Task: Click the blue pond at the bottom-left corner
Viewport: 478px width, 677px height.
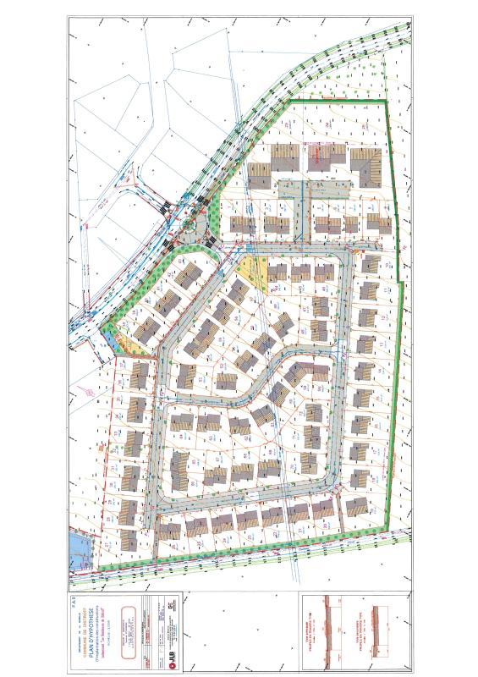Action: [77, 548]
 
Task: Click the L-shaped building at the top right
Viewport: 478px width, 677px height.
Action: [366, 166]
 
